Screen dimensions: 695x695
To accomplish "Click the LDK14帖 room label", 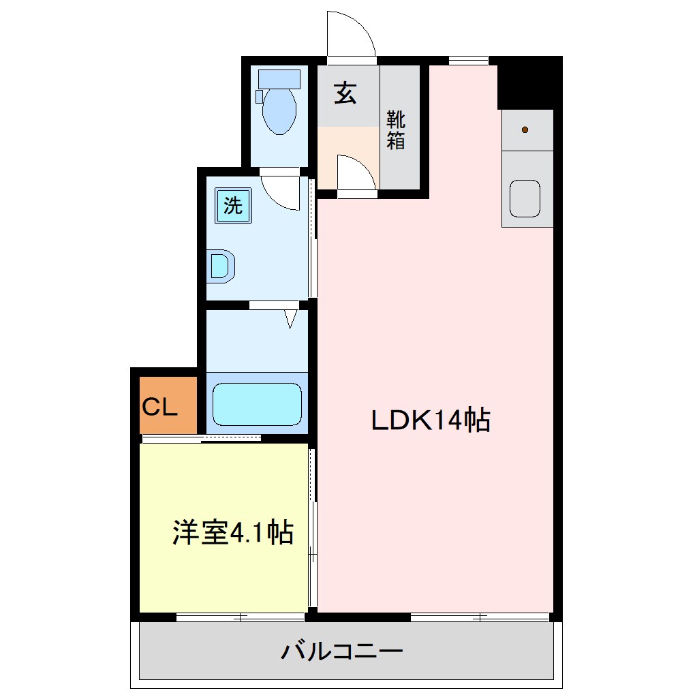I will pyautogui.click(x=431, y=420).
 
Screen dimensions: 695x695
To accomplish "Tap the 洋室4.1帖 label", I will pyautogui.click(x=232, y=532).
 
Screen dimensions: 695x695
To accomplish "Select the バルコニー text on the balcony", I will pyautogui.click(x=342, y=651).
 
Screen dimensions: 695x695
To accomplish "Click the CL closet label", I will pyautogui.click(x=160, y=407).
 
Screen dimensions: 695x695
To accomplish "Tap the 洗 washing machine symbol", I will pyautogui.click(x=233, y=206).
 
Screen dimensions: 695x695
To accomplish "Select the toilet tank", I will pyautogui.click(x=279, y=78).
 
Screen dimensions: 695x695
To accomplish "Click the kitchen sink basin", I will pyautogui.click(x=525, y=199).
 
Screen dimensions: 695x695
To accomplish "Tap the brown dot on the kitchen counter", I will pyautogui.click(x=525, y=129).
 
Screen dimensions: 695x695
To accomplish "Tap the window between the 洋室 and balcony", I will pyautogui.click(x=240, y=617).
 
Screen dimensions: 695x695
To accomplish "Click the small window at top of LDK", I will pyautogui.click(x=469, y=60).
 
